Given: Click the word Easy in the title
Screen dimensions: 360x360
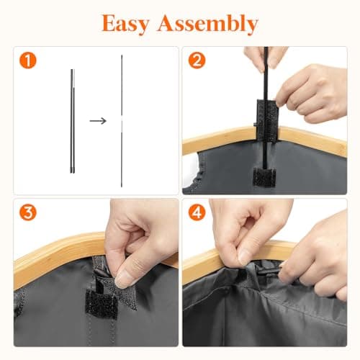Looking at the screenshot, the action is (x=125, y=24).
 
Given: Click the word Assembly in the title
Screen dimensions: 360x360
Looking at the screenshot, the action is (x=207, y=24).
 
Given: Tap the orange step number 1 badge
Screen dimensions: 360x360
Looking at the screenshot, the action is (x=28, y=60).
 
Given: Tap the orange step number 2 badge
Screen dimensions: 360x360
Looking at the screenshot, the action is (x=197, y=60).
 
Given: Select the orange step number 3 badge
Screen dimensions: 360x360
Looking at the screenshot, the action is (x=28, y=212).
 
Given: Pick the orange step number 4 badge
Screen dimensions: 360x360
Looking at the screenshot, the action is (x=197, y=212).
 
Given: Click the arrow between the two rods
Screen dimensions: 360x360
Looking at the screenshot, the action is (x=98, y=121).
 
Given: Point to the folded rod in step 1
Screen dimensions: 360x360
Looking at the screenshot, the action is (x=73, y=121).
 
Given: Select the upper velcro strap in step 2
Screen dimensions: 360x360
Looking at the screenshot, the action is (x=268, y=120).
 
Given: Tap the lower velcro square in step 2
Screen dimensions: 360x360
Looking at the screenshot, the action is (x=264, y=177).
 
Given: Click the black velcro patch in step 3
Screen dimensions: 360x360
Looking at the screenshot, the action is (x=101, y=305).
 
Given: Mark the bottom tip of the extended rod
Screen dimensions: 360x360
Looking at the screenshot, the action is (x=122, y=186).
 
